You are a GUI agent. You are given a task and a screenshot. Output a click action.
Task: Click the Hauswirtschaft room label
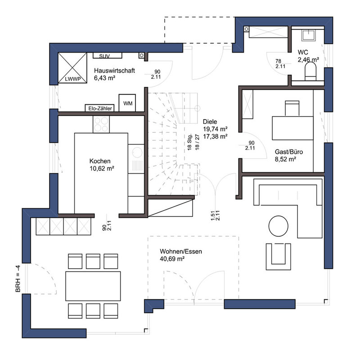pos(114,71)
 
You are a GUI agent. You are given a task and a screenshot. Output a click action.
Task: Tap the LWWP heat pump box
pos(72,68)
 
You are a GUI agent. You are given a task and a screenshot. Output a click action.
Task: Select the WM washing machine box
pos(127,103)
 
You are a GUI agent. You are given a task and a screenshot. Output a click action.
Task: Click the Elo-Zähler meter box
pos(100,108)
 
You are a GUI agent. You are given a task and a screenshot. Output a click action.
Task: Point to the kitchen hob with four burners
pos(101,124)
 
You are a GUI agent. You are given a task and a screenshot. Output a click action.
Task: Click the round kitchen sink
pos(137,152)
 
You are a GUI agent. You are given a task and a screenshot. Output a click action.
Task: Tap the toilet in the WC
pos(310,71)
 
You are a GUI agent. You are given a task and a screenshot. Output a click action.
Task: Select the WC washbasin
pos(309,35)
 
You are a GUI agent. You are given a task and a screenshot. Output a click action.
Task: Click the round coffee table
pos(278,226)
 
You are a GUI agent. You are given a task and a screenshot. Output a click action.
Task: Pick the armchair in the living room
pos(278,256)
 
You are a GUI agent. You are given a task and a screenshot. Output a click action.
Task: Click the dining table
pos(93,286)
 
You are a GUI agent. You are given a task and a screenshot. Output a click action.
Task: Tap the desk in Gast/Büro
pos(293,128)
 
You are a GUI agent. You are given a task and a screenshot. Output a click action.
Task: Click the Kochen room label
pos(100,161)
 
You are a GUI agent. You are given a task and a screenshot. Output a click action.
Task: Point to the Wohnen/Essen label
pos(181,252)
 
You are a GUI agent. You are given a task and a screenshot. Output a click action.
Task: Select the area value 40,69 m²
pos(172,259)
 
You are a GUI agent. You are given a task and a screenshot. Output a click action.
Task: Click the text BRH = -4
pos(18,279)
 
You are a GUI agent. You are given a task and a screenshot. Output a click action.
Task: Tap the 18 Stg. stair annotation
pos(189,142)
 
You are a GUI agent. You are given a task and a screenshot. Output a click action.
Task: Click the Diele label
pos(210,121)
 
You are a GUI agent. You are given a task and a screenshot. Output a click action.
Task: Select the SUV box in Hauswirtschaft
pos(107,55)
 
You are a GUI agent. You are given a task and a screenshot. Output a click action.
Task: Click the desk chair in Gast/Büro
pos(292,108)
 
